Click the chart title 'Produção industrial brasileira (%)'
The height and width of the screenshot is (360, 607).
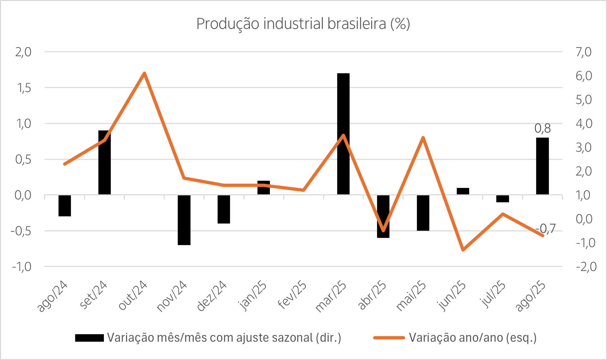pyautogui.click(x=303, y=24)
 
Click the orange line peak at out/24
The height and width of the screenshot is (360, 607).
pyautogui.click(x=144, y=73)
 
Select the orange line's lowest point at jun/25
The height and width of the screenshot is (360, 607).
pyautogui.click(x=463, y=250)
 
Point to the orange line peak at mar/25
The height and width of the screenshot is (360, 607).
pyautogui.click(x=343, y=135)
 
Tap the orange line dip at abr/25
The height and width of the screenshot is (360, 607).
pyautogui.click(x=383, y=230)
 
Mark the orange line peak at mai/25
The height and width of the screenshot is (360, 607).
pyautogui.click(x=423, y=138)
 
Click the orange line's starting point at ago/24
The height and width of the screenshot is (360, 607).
pyautogui.click(x=65, y=164)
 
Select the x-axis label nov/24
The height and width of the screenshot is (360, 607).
pyautogui.click(x=172, y=296)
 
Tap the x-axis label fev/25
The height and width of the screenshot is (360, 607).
pyautogui.click(x=292, y=295)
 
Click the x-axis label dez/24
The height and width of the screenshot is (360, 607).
pyautogui.click(x=212, y=296)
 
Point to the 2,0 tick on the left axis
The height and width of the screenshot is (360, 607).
pyautogui.click(x=23, y=52)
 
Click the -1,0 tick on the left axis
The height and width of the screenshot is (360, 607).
pyautogui.click(x=22, y=267)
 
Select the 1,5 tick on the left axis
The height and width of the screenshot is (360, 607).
pyautogui.click(x=23, y=88)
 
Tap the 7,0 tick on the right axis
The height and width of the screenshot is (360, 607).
pyautogui.click(x=583, y=52)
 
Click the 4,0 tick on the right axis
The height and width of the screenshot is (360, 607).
pyautogui.click(x=583, y=123)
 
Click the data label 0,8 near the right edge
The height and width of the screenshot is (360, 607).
pyautogui.click(x=543, y=129)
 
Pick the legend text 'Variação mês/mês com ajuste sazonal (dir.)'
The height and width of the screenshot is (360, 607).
pyautogui.click(x=224, y=337)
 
